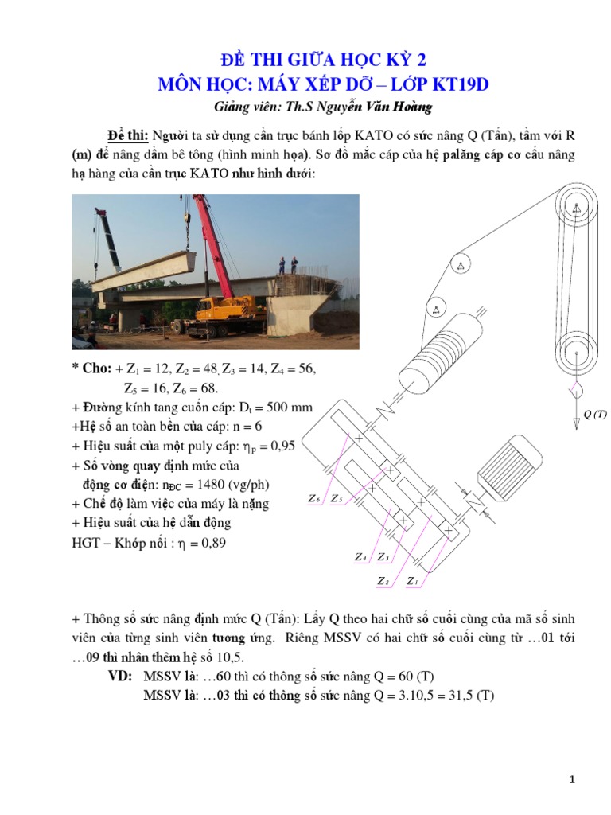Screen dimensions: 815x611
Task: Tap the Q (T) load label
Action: tap(594, 414)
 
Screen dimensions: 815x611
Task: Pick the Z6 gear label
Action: tap(313, 499)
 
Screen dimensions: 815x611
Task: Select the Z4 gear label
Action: tap(360, 557)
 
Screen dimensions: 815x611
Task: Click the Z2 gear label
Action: tap(383, 581)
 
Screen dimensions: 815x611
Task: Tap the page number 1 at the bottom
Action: tap(572, 780)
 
